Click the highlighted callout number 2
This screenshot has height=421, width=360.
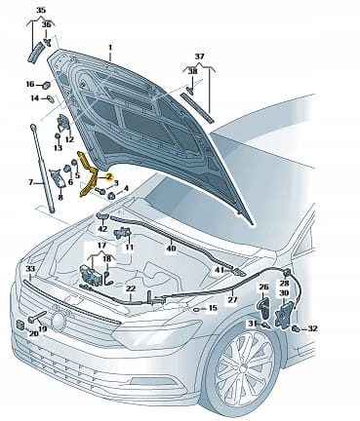tap(109, 176)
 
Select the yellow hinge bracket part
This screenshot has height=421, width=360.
tap(89, 174)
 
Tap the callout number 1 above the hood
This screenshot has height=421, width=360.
tap(110, 48)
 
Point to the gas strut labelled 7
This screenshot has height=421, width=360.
tap(43, 168)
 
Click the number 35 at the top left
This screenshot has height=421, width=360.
tap(41, 10)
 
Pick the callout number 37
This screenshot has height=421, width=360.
tap(199, 57)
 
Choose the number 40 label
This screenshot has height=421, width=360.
tap(171, 249)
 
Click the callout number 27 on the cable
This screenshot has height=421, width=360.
tap(232, 300)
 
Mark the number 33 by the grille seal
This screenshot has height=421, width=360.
tap(30, 269)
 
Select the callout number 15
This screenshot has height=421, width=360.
tap(212, 307)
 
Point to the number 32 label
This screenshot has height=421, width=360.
tap(312, 328)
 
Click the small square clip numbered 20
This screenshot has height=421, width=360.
tap(20, 324)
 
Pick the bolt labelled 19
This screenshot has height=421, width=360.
tap(39, 317)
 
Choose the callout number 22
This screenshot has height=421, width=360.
tap(131, 288)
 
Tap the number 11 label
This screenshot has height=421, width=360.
tap(130, 248)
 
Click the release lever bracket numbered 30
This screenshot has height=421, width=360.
tap(284, 313)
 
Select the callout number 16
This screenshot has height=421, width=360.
tap(30, 84)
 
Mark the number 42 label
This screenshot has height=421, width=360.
tap(102, 229)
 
